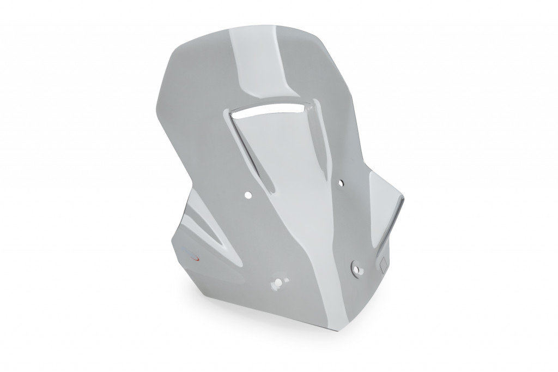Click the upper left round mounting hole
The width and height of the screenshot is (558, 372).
pyautogui.click(x=248, y=194)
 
